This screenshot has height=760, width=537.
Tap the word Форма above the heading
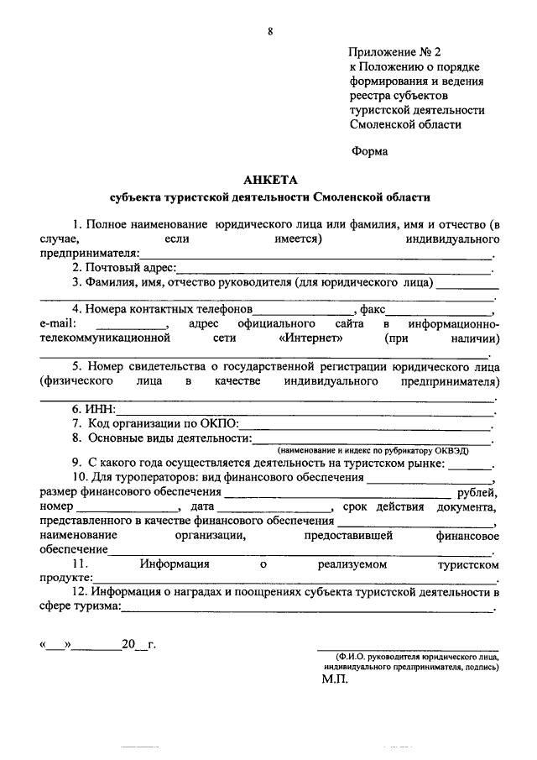370,151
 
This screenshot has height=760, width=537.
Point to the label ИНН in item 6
99,409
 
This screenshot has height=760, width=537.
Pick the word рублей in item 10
475,493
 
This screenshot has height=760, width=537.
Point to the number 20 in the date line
128,645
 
